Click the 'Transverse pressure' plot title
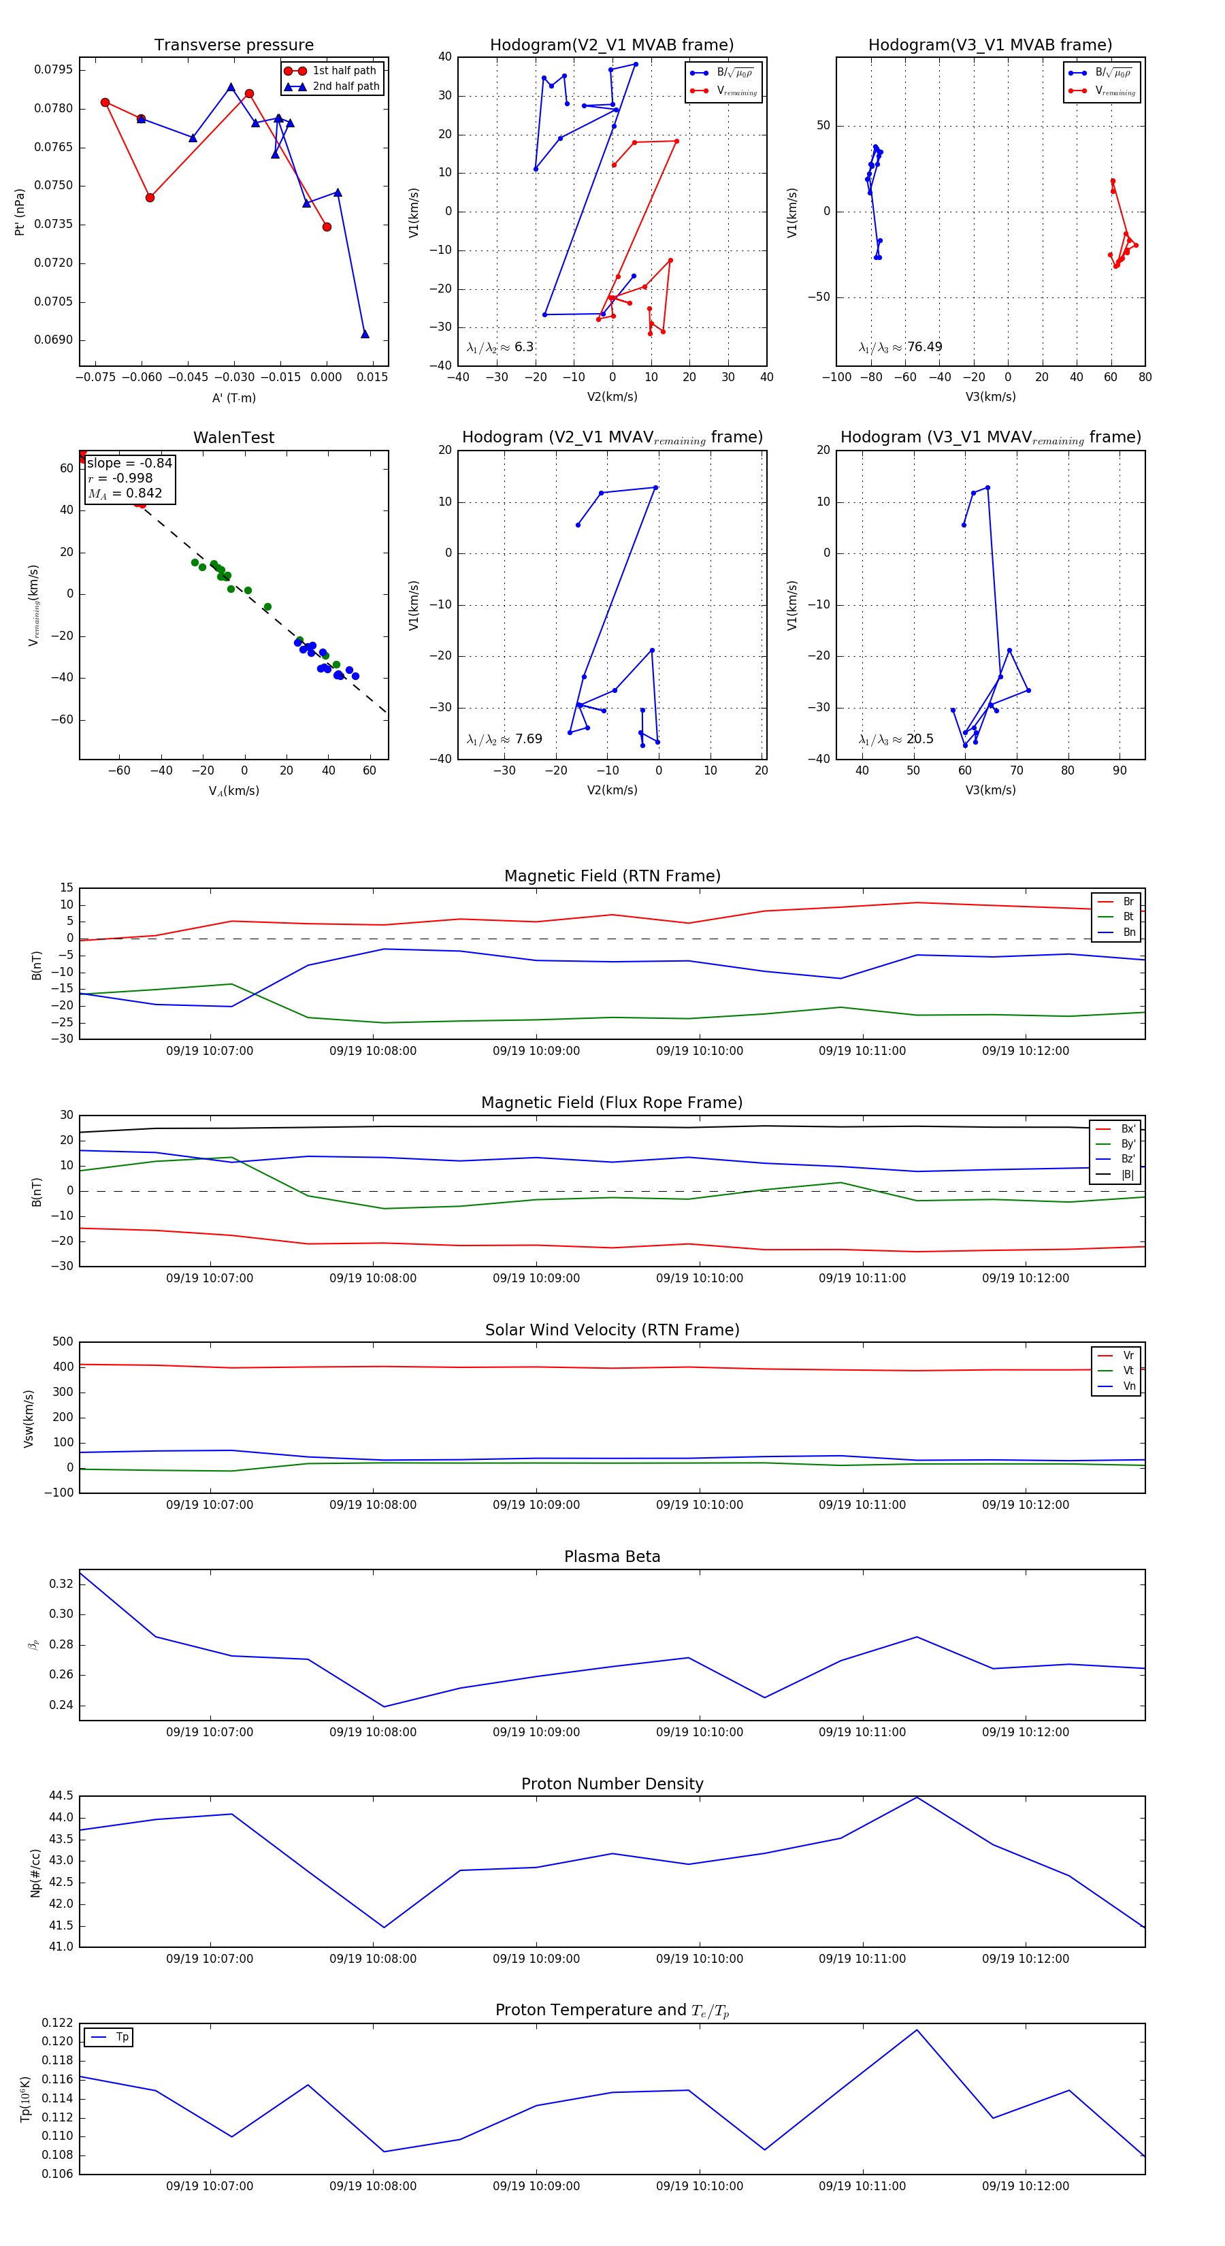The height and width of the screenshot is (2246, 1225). click(233, 46)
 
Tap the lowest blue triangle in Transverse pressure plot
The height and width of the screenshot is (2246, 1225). click(365, 334)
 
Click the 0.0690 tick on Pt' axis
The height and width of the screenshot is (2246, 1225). click(53, 340)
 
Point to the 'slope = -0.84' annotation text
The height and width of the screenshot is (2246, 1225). click(129, 463)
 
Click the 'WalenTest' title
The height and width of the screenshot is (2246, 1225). click(233, 438)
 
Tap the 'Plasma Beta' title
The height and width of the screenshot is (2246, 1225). click(612, 1557)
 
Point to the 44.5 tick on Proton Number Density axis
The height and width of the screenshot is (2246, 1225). click(61, 1796)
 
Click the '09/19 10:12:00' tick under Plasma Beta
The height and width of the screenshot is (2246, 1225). click(1026, 1731)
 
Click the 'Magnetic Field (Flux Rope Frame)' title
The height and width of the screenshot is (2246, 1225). click(612, 1103)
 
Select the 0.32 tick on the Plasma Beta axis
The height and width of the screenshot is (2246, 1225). click(61, 1583)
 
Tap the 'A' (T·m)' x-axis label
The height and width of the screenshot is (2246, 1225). click(233, 397)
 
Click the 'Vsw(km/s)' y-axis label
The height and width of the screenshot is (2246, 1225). click(29, 1418)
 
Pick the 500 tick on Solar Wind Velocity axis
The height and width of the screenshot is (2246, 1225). click(63, 1342)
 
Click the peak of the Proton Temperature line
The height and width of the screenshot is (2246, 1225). click(916, 2030)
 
